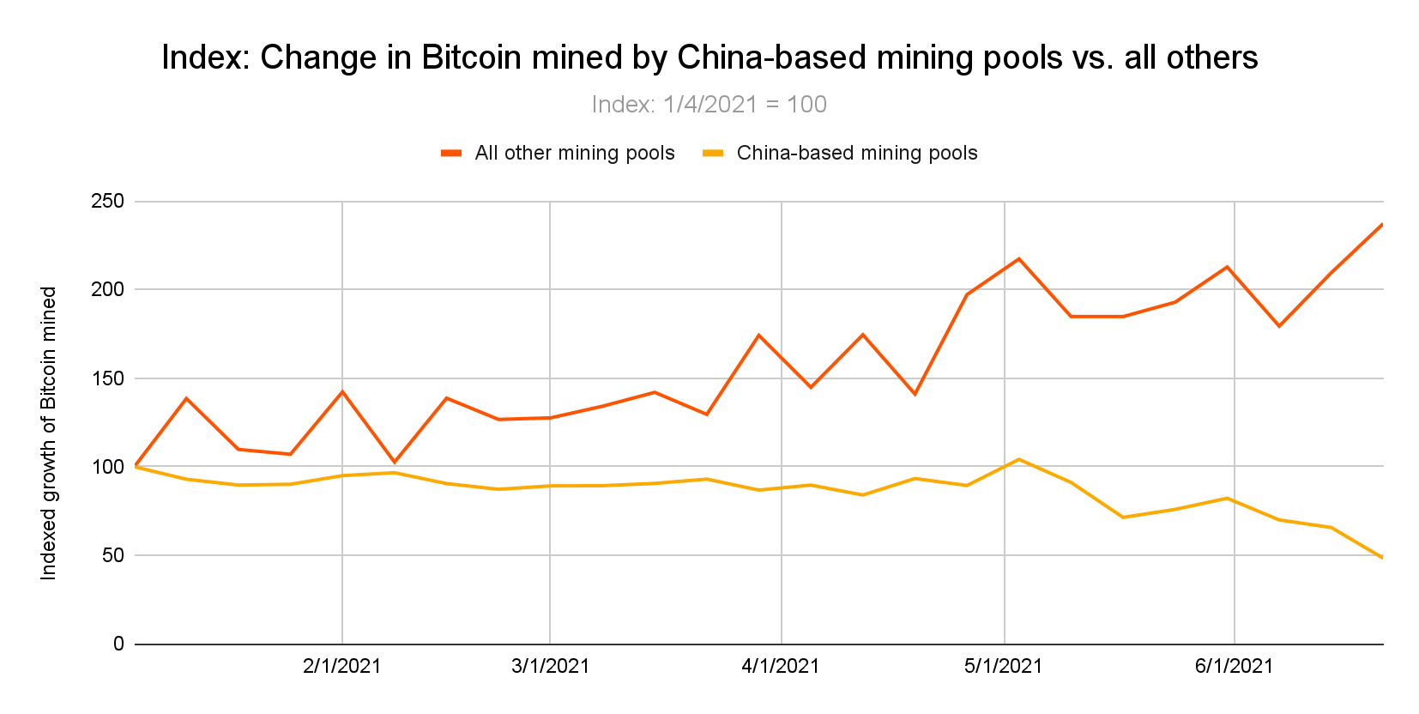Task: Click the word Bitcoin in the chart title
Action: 471,57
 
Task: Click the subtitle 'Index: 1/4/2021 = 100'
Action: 709,105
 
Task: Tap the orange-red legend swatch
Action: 451,153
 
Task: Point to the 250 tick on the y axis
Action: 107,201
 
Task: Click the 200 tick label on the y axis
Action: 107,289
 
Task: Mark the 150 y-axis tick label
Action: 107,378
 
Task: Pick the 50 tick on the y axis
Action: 112,555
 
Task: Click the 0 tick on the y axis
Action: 118,644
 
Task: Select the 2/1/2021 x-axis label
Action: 341,666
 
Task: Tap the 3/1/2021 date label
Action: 550,666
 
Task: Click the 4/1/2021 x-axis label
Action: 780,666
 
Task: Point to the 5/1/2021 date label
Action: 1003,666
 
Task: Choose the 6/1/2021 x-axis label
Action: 1234,666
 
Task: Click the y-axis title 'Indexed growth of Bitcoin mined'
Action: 49,433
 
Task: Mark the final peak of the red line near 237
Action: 1381,225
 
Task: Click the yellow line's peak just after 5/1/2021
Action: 1018,459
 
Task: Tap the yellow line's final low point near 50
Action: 1381,557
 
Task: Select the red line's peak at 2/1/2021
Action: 342,391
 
